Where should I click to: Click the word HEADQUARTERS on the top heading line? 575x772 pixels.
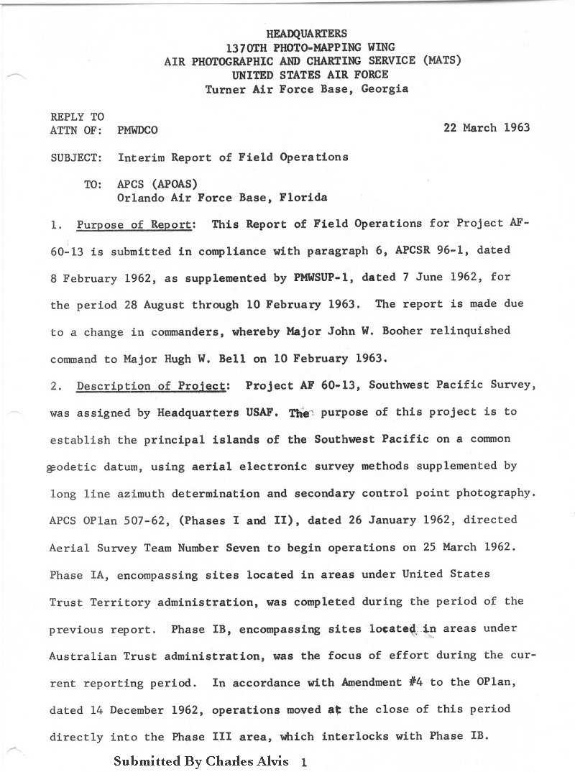(307, 33)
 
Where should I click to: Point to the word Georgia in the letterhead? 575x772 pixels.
(385, 89)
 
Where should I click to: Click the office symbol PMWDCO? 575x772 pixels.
(137, 130)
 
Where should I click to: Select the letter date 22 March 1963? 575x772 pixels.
(488, 128)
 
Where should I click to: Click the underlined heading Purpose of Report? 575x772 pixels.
(134, 224)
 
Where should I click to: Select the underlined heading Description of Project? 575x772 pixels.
(151, 386)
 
